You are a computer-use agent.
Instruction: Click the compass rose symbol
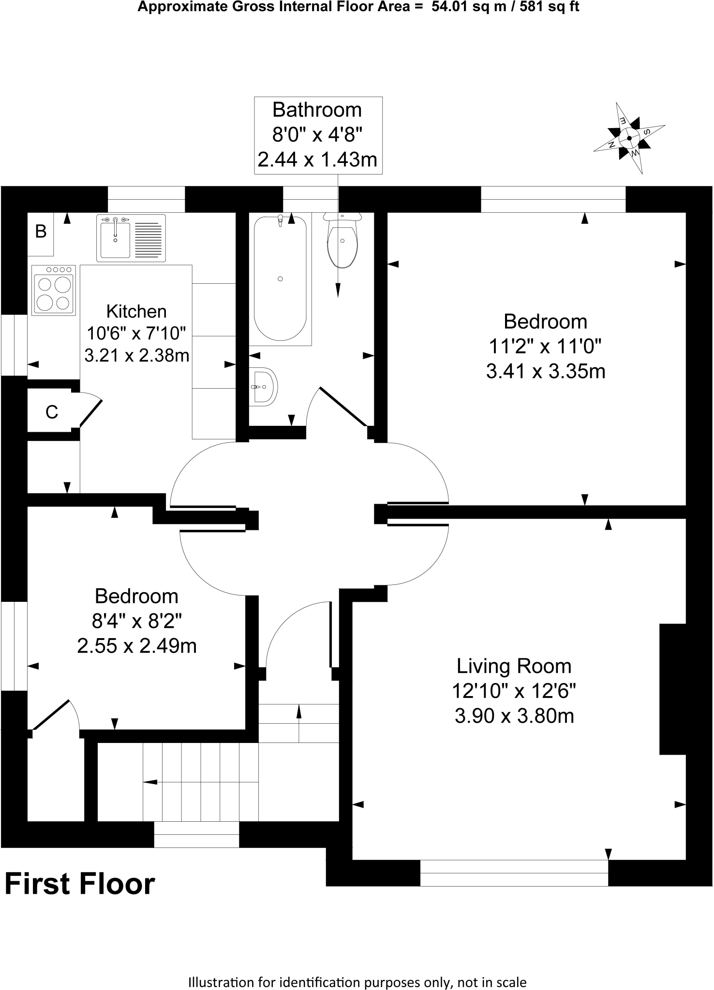coord(629,138)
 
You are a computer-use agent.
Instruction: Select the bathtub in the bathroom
coord(280,279)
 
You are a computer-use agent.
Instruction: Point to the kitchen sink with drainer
coord(131,238)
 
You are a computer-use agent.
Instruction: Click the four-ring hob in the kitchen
coord(54,291)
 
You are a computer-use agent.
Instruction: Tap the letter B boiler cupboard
coord(41,233)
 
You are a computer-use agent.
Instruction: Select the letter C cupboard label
coord(52,412)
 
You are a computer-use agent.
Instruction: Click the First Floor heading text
coord(80,884)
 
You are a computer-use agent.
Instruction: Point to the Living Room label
coord(514,666)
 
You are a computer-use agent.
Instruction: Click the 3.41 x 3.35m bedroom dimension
coord(546,372)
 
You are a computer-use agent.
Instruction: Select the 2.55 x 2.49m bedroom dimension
coord(137,646)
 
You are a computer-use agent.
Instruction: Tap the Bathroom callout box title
coord(317,110)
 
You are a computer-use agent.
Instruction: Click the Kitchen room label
coord(136,311)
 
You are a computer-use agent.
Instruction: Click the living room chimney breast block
coord(673,689)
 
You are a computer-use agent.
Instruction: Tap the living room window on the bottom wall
coord(514,873)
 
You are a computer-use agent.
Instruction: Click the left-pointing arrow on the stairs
coord(150,782)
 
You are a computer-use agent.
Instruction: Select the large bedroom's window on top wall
coord(553,199)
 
